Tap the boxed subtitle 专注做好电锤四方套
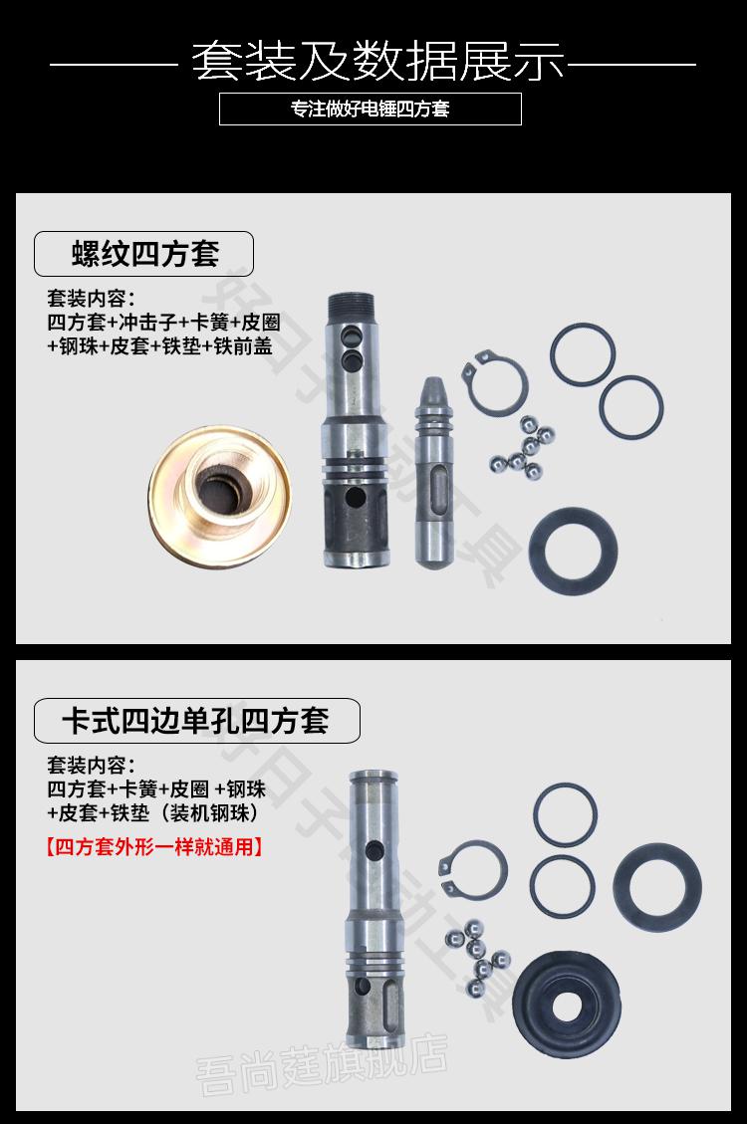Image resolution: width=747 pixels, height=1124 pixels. coord(371,110)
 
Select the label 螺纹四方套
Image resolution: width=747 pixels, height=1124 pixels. coord(145,254)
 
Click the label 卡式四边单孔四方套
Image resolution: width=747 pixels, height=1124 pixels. coord(195,719)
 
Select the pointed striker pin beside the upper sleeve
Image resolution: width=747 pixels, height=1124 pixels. coord(436,468)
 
